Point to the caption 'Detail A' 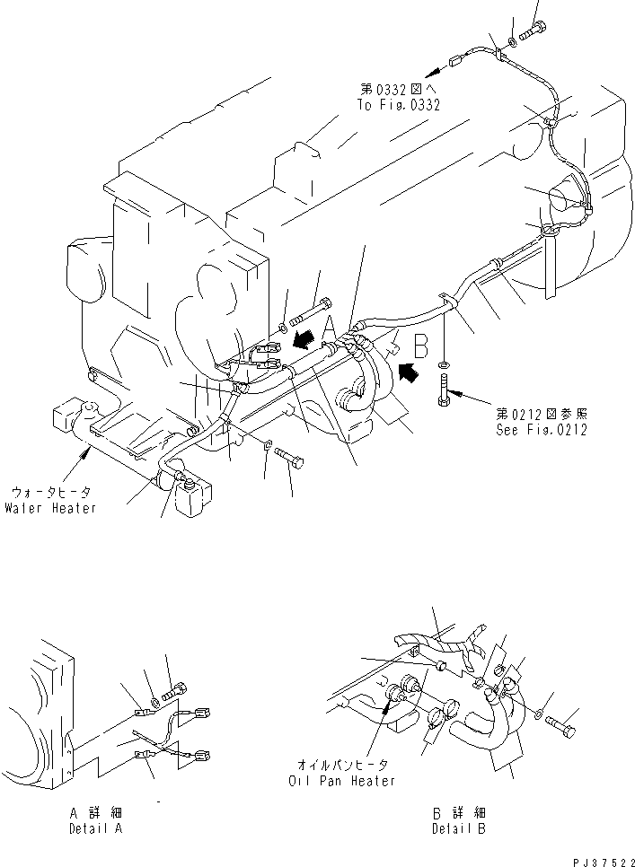pyautogui.click(x=94, y=828)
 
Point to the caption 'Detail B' pyautogui.click(x=458, y=828)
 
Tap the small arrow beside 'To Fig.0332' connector pyautogui.click(x=432, y=67)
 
